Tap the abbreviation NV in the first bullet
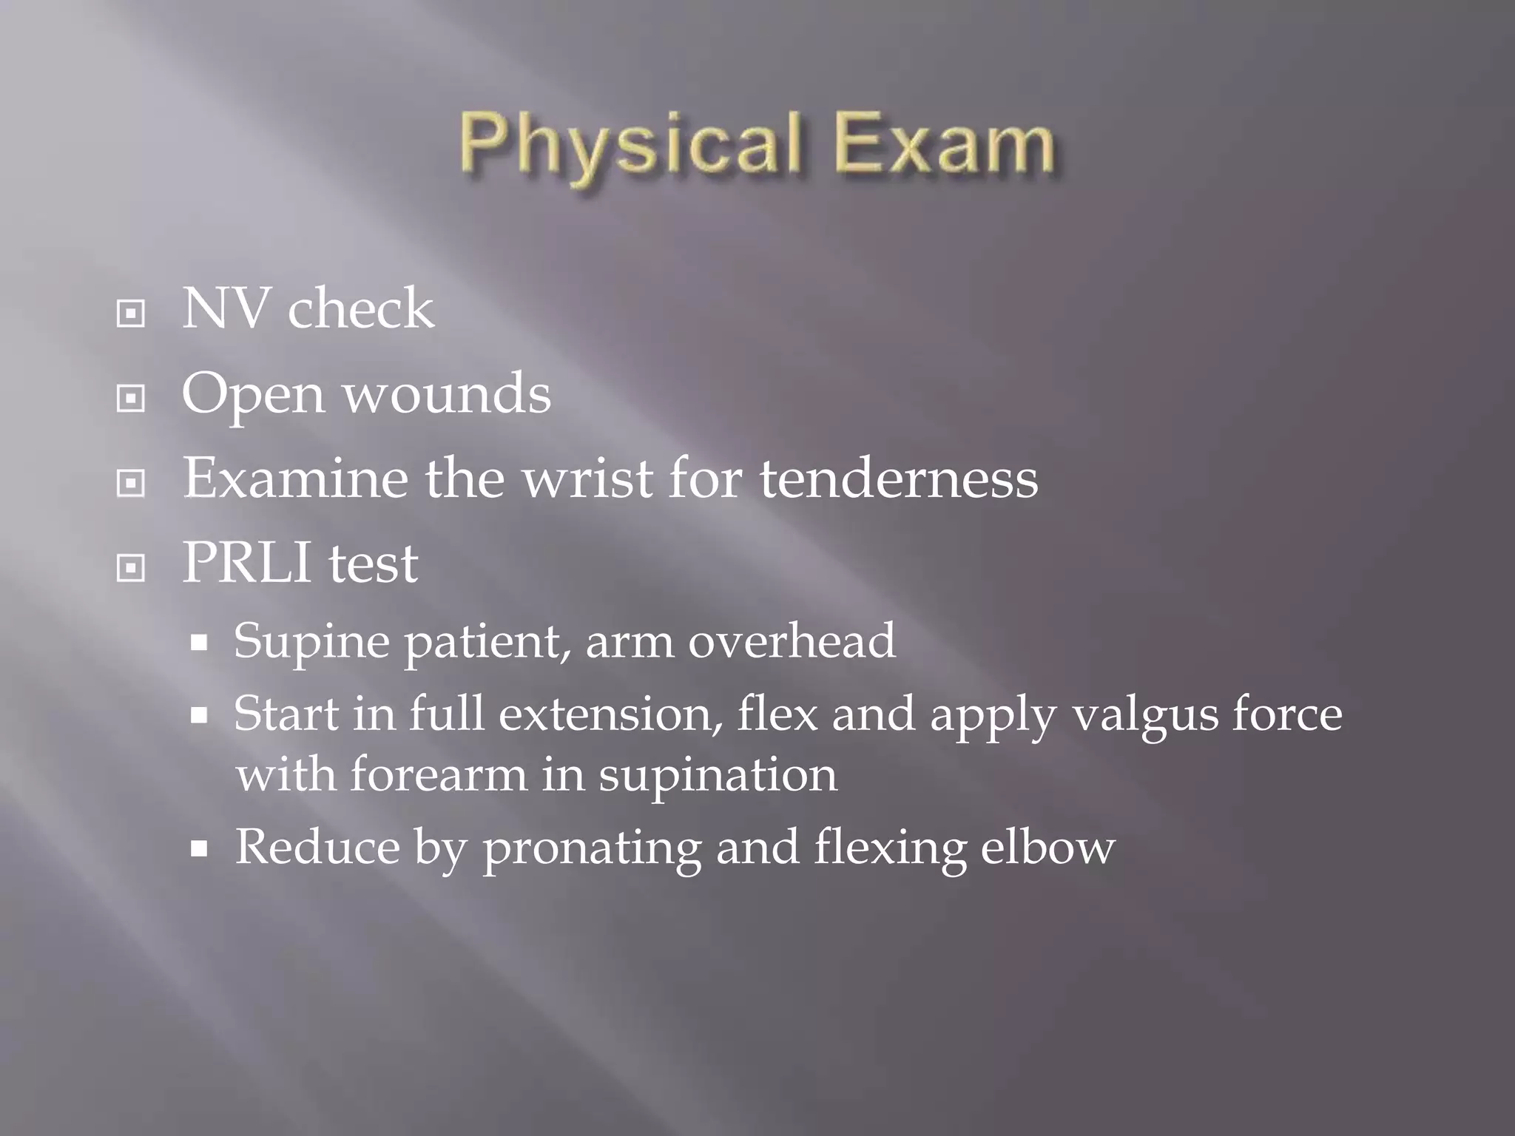[225, 309]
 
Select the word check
[360, 309]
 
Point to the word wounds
[448, 393]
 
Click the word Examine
[295, 479]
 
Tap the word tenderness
[898, 479]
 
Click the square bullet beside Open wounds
[131, 399]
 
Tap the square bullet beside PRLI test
[131, 568]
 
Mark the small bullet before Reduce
[198, 848]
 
